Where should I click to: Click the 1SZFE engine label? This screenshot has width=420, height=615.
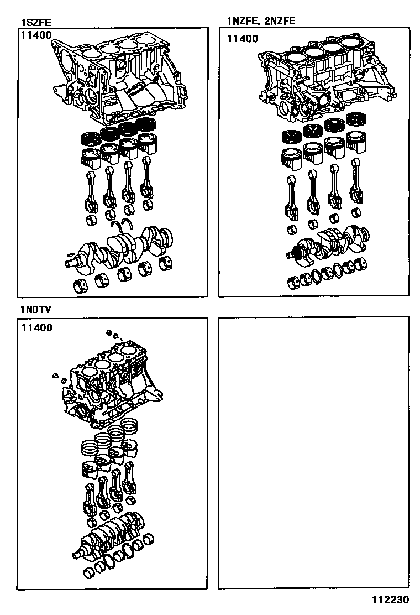36,22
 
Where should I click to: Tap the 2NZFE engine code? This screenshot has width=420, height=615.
280,21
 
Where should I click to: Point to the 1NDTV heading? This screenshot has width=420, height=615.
36,310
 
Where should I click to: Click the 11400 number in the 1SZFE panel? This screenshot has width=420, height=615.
36,35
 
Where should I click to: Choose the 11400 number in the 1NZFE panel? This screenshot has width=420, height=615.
243,39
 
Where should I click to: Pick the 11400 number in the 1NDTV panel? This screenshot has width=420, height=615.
37,327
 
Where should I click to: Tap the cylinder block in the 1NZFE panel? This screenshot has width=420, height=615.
327,79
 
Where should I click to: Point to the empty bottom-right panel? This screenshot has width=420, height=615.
314,452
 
